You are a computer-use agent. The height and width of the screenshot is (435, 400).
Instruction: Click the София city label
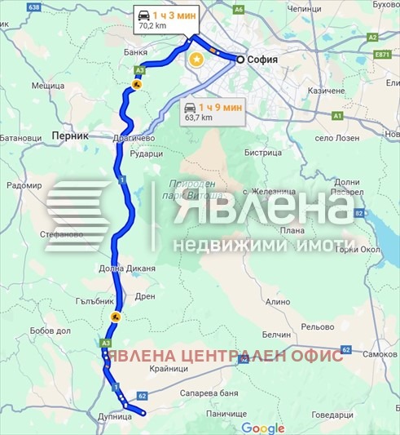(x=264, y=60)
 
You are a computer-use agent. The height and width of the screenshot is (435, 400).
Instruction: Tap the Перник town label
(x=68, y=136)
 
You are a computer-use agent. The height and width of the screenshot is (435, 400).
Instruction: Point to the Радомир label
(x=23, y=185)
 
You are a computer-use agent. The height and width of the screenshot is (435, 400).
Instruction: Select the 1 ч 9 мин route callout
(x=214, y=112)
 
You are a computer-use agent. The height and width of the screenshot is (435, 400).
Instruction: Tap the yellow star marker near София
(x=196, y=60)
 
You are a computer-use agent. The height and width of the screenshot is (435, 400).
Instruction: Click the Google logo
(x=262, y=428)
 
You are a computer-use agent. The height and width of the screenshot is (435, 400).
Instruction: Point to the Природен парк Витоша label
(x=194, y=191)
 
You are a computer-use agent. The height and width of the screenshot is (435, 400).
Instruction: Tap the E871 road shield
(x=383, y=54)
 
